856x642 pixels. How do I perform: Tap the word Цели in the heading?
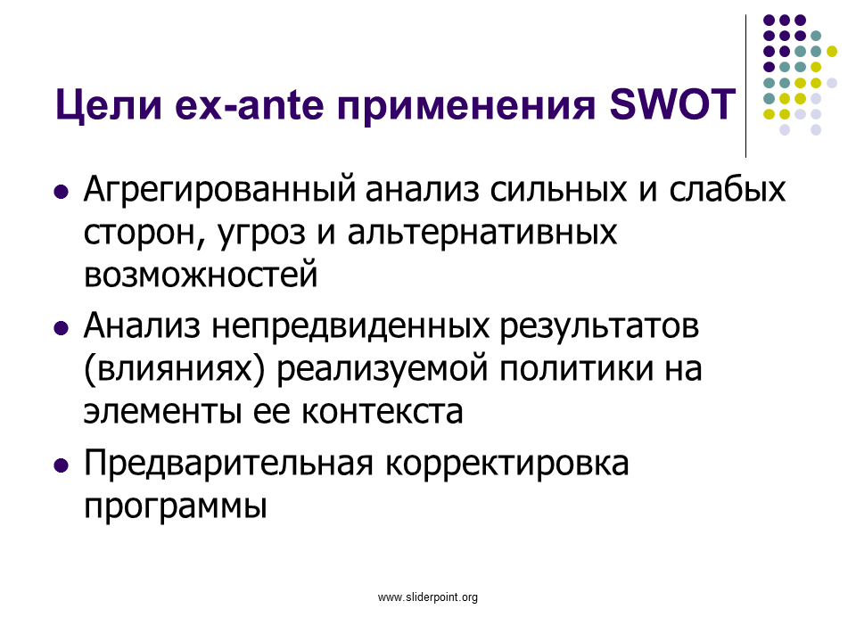[x=109, y=105]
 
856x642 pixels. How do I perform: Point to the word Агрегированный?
[x=219, y=190]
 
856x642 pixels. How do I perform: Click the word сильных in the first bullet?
[x=558, y=191]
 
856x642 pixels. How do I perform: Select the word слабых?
[x=728, y=189]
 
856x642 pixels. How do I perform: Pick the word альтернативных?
[x=482, y=233]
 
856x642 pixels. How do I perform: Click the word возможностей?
[x=201, y=275]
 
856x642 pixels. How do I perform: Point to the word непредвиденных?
[x=350, y=327]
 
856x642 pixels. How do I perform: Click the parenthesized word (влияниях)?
[x=174, y=369]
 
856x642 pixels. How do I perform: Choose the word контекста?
[x=382, y=412]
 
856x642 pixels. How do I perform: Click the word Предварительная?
[x=229, y=465]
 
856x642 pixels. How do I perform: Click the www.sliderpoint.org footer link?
[x=428, y=597]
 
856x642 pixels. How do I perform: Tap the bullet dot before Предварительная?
[x=62, y=465]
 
